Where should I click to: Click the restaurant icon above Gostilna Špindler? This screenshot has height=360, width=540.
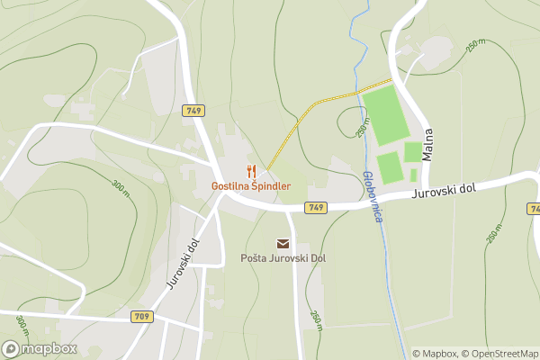tap(251, 171)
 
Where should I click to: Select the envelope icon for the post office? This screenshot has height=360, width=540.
tap(283, 244)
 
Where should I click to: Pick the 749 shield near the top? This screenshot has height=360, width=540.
tap(193, 111)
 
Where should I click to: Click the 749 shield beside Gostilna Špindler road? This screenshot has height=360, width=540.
tap(315, 208)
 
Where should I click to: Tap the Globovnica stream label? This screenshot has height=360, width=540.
tap(374, 196)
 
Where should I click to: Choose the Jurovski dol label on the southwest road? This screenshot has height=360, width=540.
tap(180, 263)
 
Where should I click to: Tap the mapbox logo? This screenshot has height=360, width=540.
tap(40, 348)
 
